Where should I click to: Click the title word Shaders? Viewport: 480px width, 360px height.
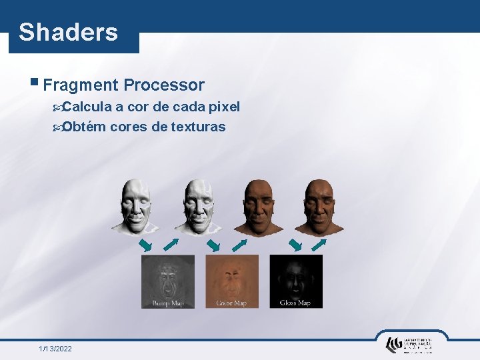[x=68, y=32]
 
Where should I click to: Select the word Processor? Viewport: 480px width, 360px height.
[x=164, y=85]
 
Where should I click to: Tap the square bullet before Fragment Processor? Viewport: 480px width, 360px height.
[x=34, y=83]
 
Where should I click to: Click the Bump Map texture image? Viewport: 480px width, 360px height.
[x=168, y=281]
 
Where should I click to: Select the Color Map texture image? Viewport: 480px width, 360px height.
[x=231, y=281]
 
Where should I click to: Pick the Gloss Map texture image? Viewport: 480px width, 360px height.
[x=295, y=281]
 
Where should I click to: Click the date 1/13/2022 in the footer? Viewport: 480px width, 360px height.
[x=55, y=349]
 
